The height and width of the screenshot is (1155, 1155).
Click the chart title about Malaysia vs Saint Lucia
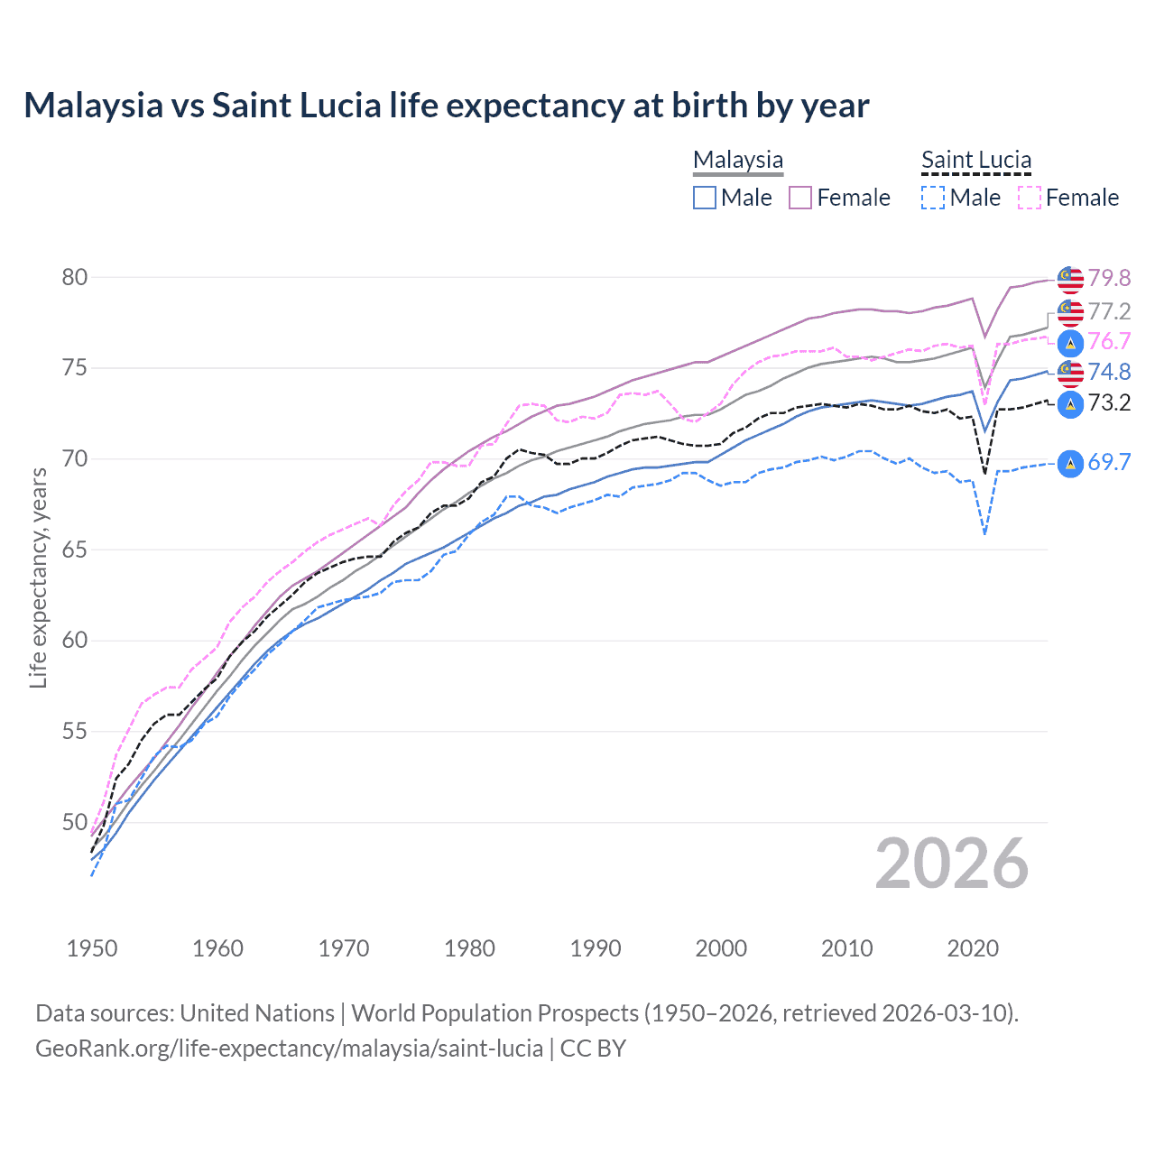coord(446,106)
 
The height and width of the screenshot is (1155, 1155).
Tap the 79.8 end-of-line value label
coord(1109,278)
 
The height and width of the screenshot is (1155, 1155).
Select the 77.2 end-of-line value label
coord(1109,311)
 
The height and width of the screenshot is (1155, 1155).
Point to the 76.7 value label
coord(1109,341)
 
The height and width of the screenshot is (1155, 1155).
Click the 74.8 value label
coord(1109,372)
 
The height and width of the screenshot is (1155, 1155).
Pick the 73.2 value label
coord(1109,402)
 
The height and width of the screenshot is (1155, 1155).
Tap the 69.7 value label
coord(1109,462)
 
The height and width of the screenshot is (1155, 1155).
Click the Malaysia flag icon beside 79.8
coord(1070,279)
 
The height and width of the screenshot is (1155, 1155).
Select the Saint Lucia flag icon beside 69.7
coord(1070,463)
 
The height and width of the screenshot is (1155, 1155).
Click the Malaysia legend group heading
coord(738,160)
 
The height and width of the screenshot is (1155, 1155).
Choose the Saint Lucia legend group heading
coord(975,160)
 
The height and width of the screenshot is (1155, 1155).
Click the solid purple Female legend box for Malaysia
coord(800,198)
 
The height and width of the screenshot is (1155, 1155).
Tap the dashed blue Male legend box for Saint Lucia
coord(933,198)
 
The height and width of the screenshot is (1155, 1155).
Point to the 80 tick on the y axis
coord(75,277)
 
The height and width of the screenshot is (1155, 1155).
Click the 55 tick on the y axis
coord(75,731)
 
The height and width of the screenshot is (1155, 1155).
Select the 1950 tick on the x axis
coord(92,948)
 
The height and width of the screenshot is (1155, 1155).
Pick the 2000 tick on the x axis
coord(721,948)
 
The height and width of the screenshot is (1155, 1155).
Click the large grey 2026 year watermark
coord(952,864)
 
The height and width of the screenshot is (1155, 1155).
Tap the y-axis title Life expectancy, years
coord(38,577)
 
